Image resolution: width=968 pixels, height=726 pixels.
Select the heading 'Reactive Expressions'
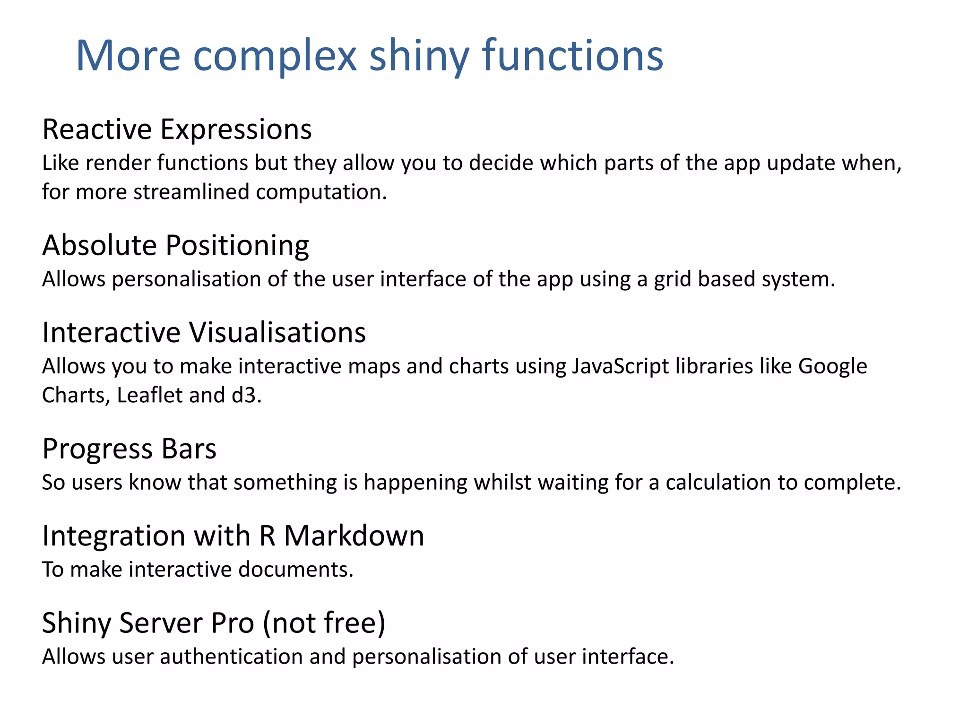177,129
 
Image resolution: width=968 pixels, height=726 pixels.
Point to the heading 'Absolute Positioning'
175,245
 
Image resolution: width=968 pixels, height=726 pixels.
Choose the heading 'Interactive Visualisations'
204,332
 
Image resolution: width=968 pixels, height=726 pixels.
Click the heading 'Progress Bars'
129,449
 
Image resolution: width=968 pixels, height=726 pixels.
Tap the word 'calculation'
718,483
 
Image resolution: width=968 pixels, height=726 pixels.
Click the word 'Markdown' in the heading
354,536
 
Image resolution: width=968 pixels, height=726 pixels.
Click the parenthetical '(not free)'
324,623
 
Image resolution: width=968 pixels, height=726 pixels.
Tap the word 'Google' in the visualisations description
832,366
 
